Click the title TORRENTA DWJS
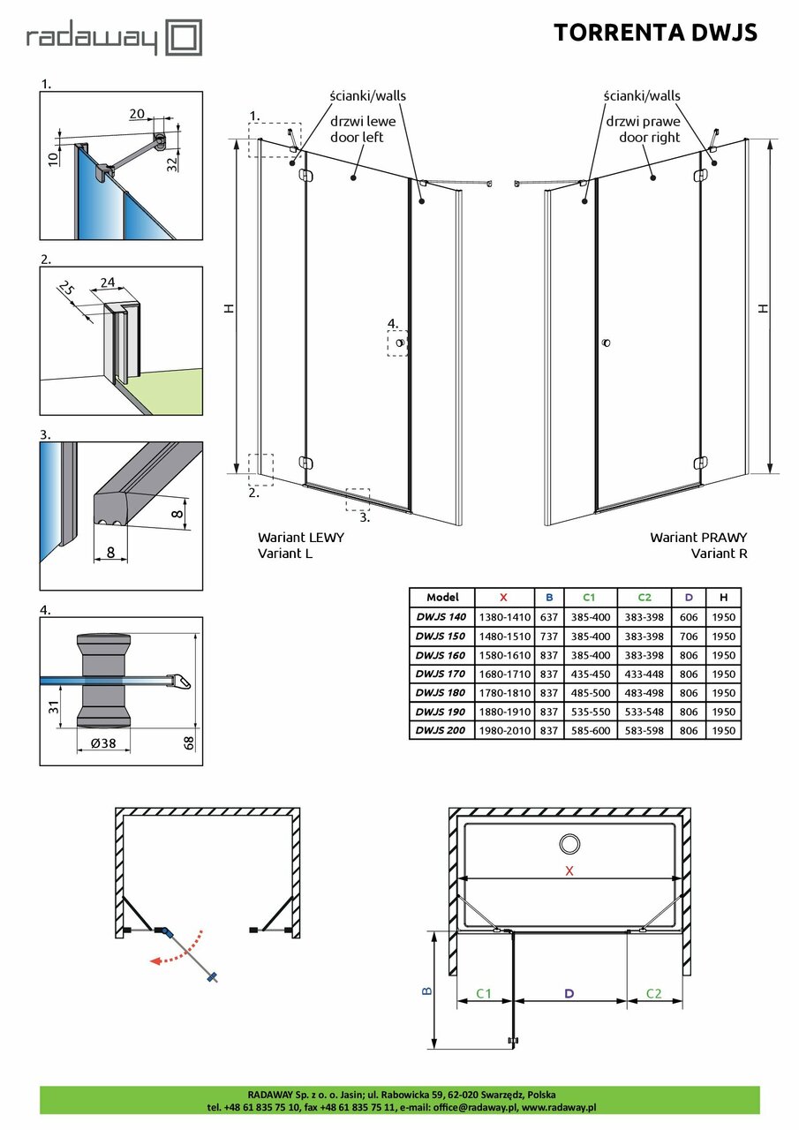tap(655, 33)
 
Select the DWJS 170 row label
tap(441, 674)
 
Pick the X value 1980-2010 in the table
tap(504, 730)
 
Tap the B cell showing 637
tap(549, 616)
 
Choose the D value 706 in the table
tap(689, 636)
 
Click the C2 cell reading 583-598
tap(644, 730)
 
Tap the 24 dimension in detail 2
tap(108, 283)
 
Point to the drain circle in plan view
tap(569, 844)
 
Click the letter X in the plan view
tap(569, 870)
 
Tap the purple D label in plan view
tap(569, 993)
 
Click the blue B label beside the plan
tap(426, 991)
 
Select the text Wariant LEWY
tap(300, 537)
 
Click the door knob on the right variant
tap(606, 343)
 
